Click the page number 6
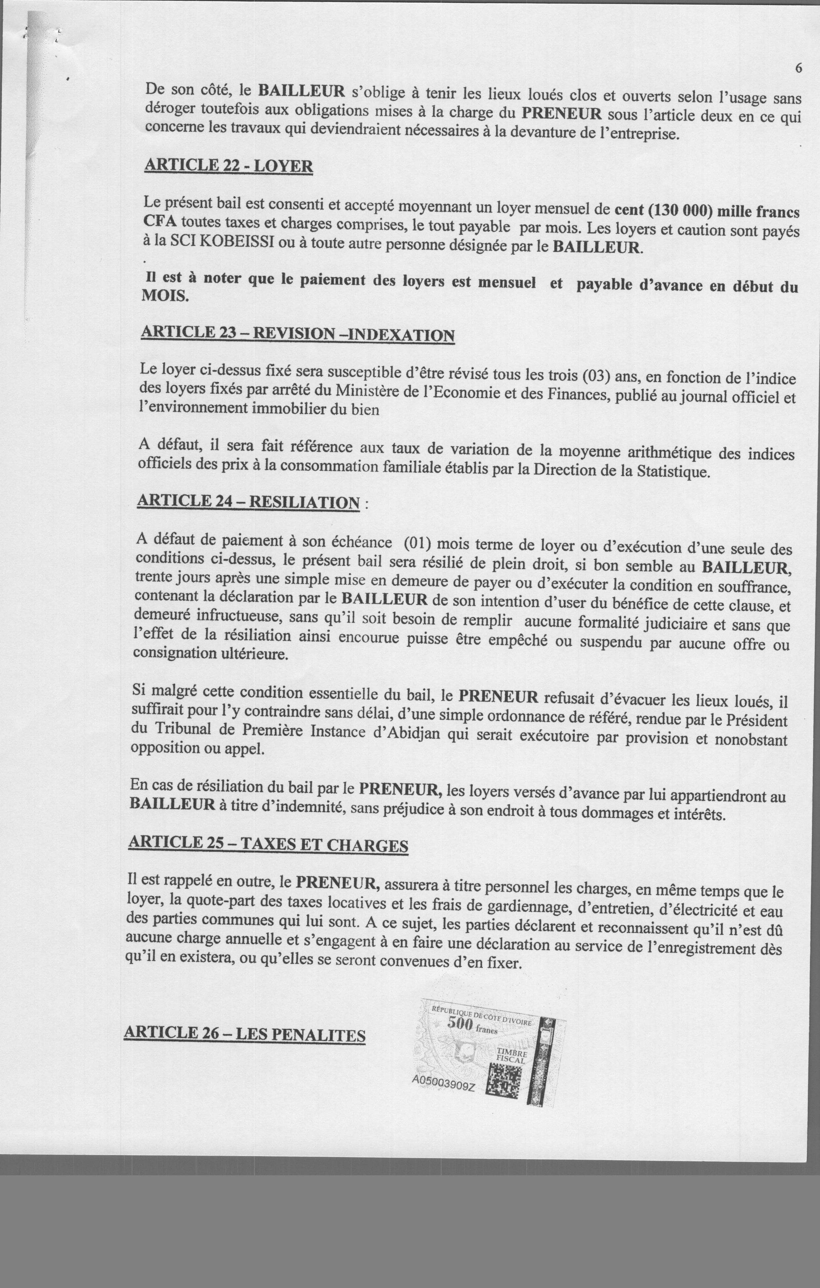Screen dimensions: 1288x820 click(x=799, y=68)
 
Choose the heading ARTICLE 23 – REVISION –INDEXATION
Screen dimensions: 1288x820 click(x=298, y=334)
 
